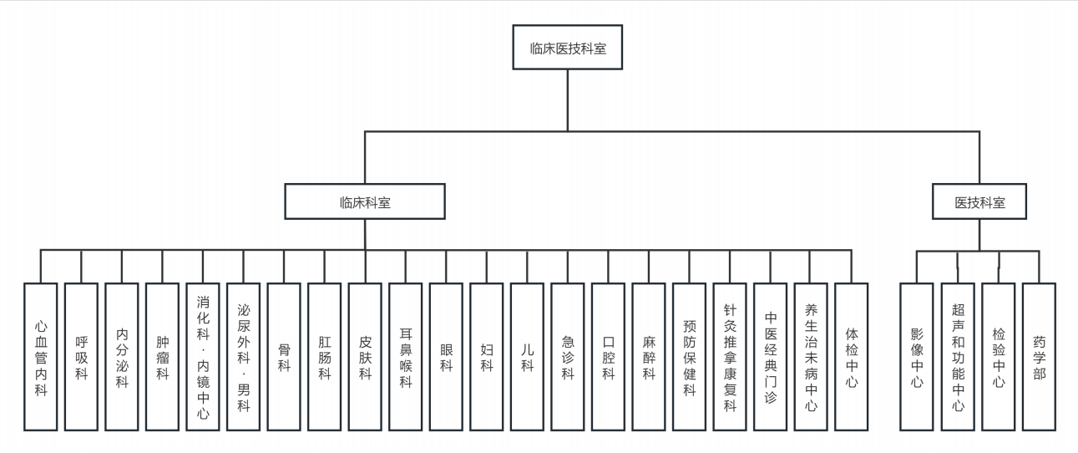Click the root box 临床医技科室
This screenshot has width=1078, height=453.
568,48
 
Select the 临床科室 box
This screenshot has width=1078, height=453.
365,201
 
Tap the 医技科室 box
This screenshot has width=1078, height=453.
979,201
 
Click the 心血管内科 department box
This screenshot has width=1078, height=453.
41,357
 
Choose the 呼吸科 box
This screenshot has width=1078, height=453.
81,357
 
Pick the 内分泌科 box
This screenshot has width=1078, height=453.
122,357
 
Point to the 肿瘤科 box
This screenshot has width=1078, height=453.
162,357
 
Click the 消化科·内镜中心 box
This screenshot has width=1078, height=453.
203,357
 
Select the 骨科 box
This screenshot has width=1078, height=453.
284,357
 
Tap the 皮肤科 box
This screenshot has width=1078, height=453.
365,357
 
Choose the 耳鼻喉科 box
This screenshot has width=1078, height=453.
406,357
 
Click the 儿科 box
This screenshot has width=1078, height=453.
527,357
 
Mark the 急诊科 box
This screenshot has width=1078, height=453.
568,357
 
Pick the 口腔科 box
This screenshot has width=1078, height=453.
608,357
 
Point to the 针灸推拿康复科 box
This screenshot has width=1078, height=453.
730,357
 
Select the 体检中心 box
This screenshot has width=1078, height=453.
851,357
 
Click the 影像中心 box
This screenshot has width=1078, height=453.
917,357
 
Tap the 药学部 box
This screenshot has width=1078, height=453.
1039,357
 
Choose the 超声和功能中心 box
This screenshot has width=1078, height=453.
958,357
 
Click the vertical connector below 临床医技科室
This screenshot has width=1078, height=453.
568,100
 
